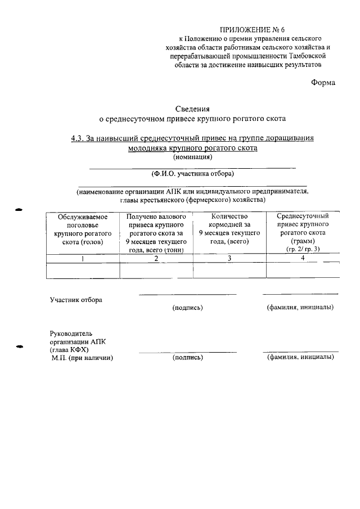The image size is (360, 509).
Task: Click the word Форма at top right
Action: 323,83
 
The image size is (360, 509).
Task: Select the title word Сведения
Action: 192,109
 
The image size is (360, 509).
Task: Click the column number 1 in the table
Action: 83,259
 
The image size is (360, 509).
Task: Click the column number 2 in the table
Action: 156,259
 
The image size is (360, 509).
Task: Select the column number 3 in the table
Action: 229,259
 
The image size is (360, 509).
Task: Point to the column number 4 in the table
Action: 303,258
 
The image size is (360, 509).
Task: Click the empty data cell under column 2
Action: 156,271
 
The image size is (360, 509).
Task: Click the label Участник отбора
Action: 76,300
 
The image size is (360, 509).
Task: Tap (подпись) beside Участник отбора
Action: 188,308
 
